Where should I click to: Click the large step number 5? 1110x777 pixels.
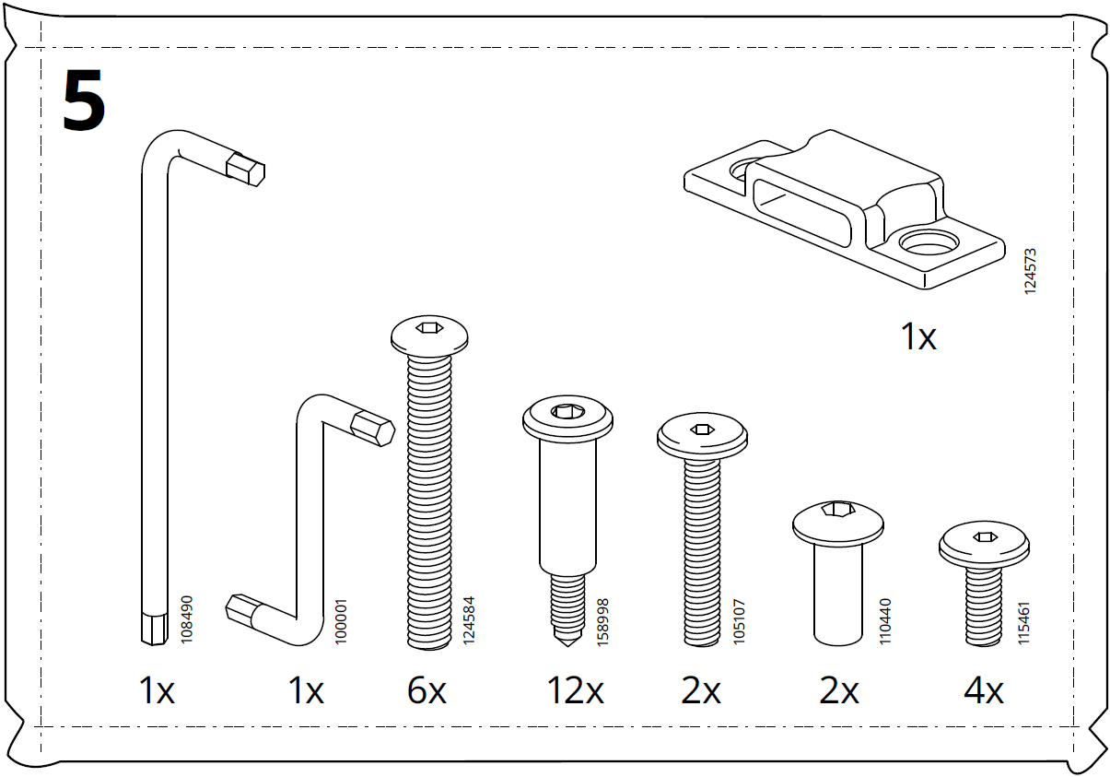coord(84,101)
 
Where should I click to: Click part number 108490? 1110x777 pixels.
coord(187,618)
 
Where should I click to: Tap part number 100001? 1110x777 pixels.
coord(341,624)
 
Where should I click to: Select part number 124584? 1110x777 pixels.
coord(469,618)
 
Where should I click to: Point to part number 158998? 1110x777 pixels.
coord(603,621)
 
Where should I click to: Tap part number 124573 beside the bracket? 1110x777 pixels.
coord(1031,270)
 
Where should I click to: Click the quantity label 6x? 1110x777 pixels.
coord(426,690)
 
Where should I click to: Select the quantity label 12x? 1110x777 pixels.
coord(575,690)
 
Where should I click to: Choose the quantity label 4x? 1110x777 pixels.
coord(983,690)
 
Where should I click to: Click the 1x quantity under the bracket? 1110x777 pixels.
coord(918,337)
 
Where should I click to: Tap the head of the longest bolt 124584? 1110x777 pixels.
coord(430,335)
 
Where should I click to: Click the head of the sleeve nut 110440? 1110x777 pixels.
coord(839,523)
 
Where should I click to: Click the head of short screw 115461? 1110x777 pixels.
coord(984,546)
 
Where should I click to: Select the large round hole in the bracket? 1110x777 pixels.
coord(929,243)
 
